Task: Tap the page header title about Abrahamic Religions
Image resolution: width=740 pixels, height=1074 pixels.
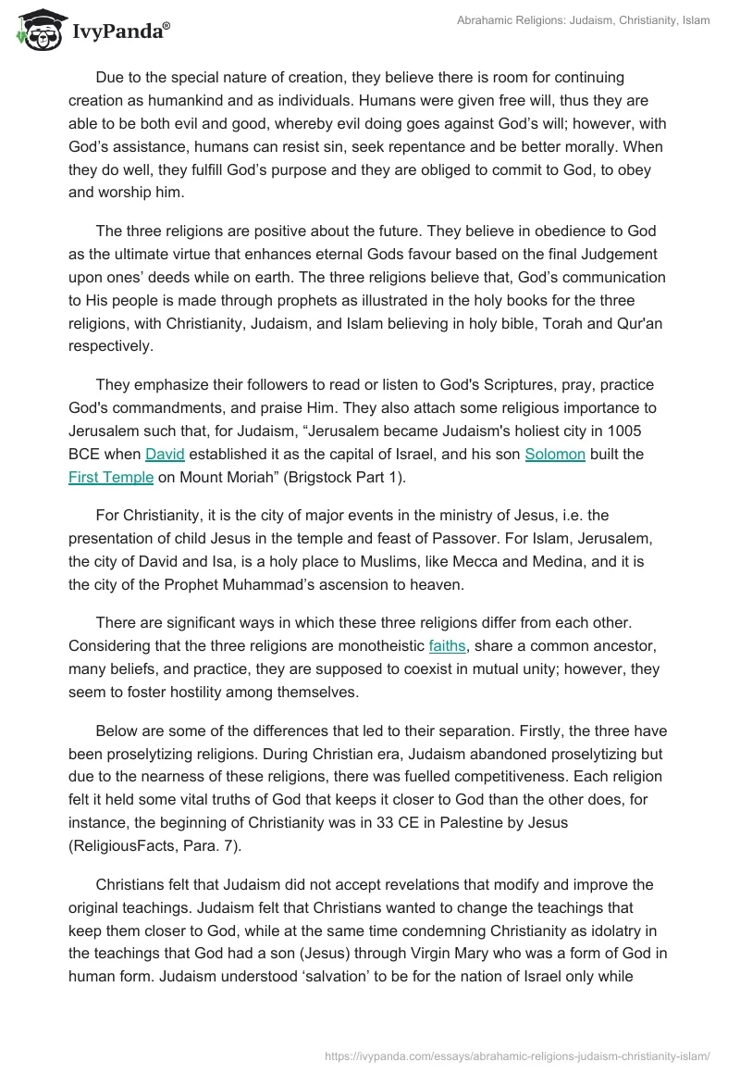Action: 583,20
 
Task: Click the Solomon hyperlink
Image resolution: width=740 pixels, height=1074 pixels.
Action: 555,455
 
